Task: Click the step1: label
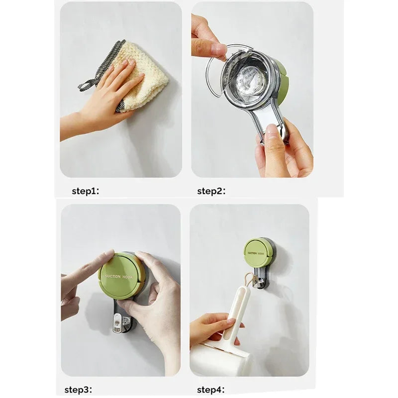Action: tap(86, 191)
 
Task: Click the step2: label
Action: tap(211, 191)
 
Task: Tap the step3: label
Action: tap(78, 390)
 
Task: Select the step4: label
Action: tap(211, 390)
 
